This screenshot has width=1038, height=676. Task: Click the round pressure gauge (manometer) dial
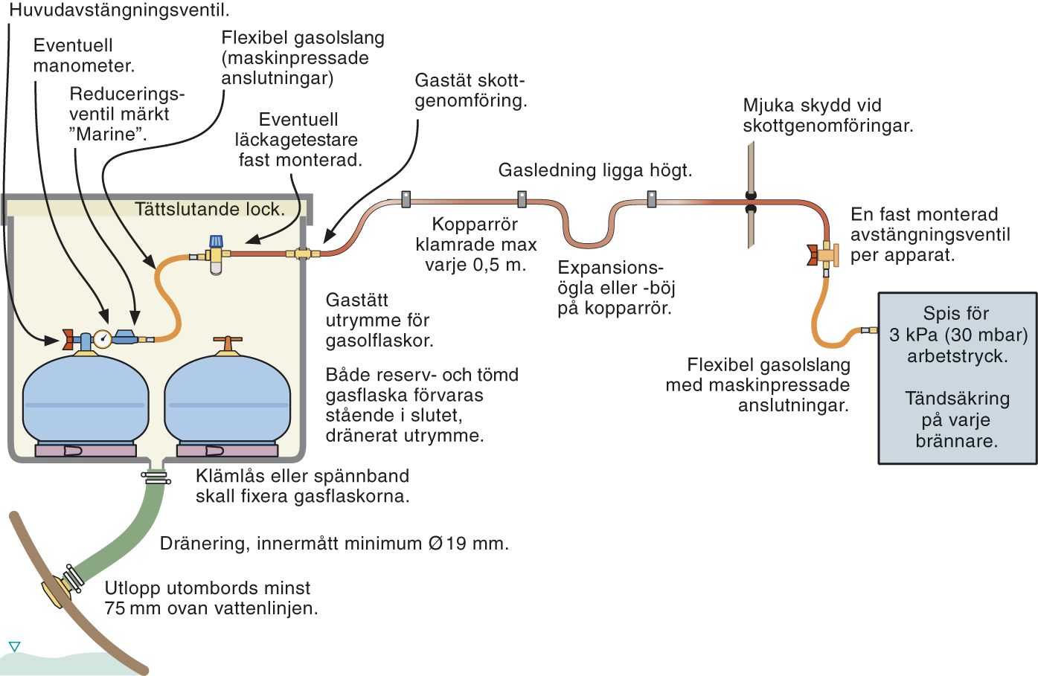(x=103, y=339)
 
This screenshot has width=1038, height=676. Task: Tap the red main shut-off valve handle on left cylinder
(x=68, y=340)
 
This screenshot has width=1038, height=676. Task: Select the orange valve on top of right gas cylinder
(x=228, y=344)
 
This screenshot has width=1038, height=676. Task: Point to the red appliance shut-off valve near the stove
(x=813, y=255)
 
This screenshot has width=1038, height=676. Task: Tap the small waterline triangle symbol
(x=14, y=646)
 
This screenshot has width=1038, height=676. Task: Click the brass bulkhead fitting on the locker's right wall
(x=302, y=254)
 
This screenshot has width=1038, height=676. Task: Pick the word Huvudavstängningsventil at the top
(x=119, y=10)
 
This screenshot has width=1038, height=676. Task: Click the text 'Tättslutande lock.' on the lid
(x=210, y=210)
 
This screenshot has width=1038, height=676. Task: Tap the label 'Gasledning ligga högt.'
(x=595, y=170)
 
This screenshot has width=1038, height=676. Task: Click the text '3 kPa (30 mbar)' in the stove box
(x=958, y=335)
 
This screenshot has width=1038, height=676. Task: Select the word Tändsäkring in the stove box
(x=957, y=399)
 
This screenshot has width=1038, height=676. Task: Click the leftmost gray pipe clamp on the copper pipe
(x=406, y=199)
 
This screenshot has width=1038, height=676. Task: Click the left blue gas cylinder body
(x=85, y=402)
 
